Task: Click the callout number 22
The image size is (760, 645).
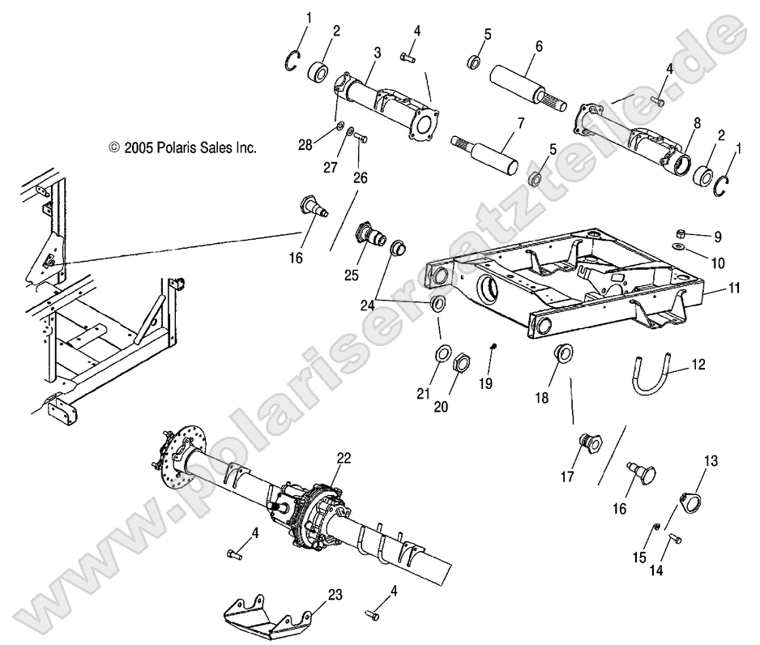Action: click(x=344, y=459)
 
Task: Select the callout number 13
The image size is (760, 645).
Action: click(x=711, y=460)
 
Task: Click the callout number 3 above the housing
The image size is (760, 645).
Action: click(x=378, y=51)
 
